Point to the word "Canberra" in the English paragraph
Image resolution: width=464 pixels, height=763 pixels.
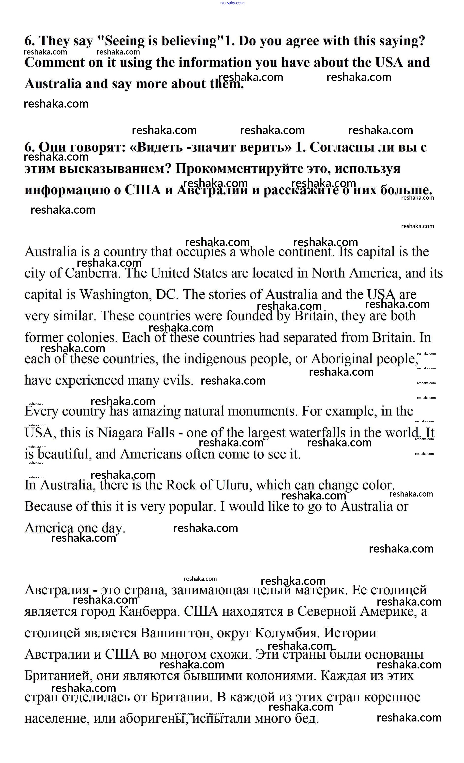(92, 273)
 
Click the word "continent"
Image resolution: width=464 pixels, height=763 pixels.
(306, 252)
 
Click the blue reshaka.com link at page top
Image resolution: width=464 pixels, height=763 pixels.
(232, 3)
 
